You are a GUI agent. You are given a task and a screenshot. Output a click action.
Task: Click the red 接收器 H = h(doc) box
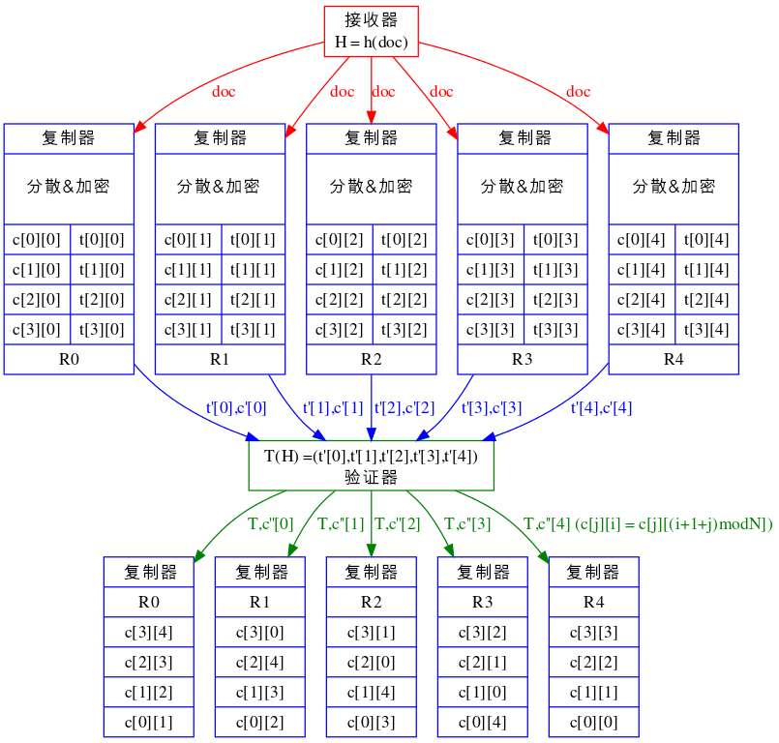pyautogui.click(x=371, y=32)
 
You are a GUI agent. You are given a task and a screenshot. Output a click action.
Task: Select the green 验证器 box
pyautogui.click(x=371, y=465)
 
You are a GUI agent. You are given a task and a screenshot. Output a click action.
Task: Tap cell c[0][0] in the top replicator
pyautogui.click(x=37, y=239)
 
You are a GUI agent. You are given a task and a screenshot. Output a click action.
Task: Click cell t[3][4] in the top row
pyautogui.click(x=706, y=329)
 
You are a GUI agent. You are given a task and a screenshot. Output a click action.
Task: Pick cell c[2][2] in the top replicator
pyautogui.click(x=339, y=299)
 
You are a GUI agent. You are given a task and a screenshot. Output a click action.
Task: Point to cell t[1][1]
pyautogui.click(x=253, y=269)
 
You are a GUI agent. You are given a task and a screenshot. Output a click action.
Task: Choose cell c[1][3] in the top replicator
pyautogui.click(x=490, y=269)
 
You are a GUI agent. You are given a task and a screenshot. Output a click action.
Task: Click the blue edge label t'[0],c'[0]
pyautogui.click(x=236, y=408)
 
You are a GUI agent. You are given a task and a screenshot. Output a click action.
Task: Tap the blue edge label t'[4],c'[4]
pyautogui.click(x=601, y=408)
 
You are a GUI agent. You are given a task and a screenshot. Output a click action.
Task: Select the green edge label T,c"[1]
pyautogui.click(x=341, y=524)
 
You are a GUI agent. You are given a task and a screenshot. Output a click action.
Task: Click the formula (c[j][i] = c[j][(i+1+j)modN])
pyautogui.click(x=674, y=524)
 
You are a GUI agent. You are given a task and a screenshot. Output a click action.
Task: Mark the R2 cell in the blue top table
pyautogui.click(x=371, y=360)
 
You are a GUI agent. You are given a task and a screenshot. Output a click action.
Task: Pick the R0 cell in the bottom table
pyautogui.click(x=148, y=602)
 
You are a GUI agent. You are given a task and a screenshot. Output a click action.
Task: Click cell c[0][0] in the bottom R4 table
pyautogui.click(x=593, y=722)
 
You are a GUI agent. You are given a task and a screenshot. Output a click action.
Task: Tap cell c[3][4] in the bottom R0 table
pyautogui.click(x=148, y=632)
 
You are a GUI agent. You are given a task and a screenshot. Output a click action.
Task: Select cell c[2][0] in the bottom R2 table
pyautogui.click(x=371, y=662)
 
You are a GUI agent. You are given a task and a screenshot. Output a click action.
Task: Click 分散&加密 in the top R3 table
pyautogui.click(x=523, y=186)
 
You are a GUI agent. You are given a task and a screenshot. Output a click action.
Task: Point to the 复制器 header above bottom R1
pyautogui.click(x=259, y=572)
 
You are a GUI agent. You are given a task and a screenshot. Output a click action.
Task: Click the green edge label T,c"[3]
pyautogui.click(x=465, y=524)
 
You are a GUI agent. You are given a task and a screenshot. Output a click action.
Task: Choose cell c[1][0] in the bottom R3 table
pyautogui.click(x=482, y=692)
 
